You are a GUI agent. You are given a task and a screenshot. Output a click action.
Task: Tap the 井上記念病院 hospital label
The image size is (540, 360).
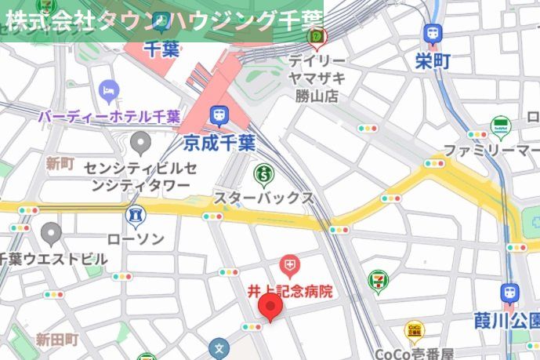[290, 291]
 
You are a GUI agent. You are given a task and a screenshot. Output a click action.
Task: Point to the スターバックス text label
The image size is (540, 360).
[264, 198]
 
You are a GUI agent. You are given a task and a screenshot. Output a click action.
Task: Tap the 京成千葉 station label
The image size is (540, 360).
[220, 143]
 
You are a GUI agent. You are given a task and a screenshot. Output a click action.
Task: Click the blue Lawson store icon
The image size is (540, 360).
[135, 214]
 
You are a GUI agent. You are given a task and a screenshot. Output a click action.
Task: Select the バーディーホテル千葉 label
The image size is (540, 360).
[109, 116]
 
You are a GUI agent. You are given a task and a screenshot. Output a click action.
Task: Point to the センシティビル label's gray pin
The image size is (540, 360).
[140, 143]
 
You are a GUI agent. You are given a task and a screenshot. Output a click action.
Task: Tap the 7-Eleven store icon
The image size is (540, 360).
[379, 278]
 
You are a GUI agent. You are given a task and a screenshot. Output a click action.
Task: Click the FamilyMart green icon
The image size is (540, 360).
[501, 126]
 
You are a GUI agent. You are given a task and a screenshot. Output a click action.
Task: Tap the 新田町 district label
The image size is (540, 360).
[57, 340]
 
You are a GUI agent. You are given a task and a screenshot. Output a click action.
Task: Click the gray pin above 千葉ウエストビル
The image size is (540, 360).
[52, 232]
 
